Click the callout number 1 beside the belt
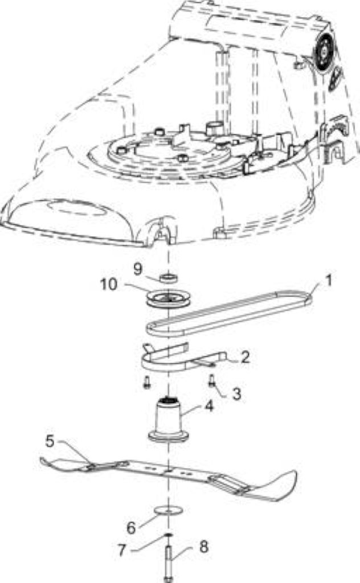pyautogui.click(x=328, y=280)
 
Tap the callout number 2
pyautogui.click(x=245, y=357)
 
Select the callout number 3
pyautogui.click(x=236, y=394)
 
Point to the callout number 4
pyautogui.click(x=210, y=406)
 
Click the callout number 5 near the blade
pyautogui.click(x=50, y=441)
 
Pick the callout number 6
pyautogui.click(x=131, y=528)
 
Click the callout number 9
pyautogui.click(x=138, y=269)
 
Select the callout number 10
pyautogui.click(x=109, y=285)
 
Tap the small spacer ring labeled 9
pyautogui.click(x=169, y=278)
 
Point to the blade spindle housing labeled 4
pyautogui.click(x=167, y=420)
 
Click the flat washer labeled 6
pyautogui.click(x=167, y=511)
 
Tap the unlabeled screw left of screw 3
pyautogui.click(x=148, y=382)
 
